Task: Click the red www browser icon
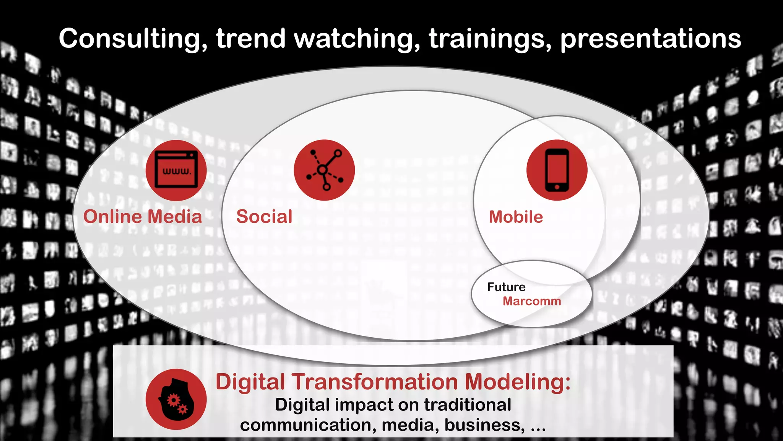click(176, 170)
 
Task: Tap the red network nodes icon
click(324, 170)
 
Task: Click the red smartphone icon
click(557, 170)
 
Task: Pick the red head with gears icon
click(176, 399)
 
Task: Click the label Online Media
click(143, 217)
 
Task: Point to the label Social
click(264, 217)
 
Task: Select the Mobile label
click(516, 217)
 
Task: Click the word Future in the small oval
click(506, 287)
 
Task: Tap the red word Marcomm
click(532, 301)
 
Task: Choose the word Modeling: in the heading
click(518, 382)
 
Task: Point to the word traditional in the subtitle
click(467, 405)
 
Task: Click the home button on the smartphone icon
click(557, 187)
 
